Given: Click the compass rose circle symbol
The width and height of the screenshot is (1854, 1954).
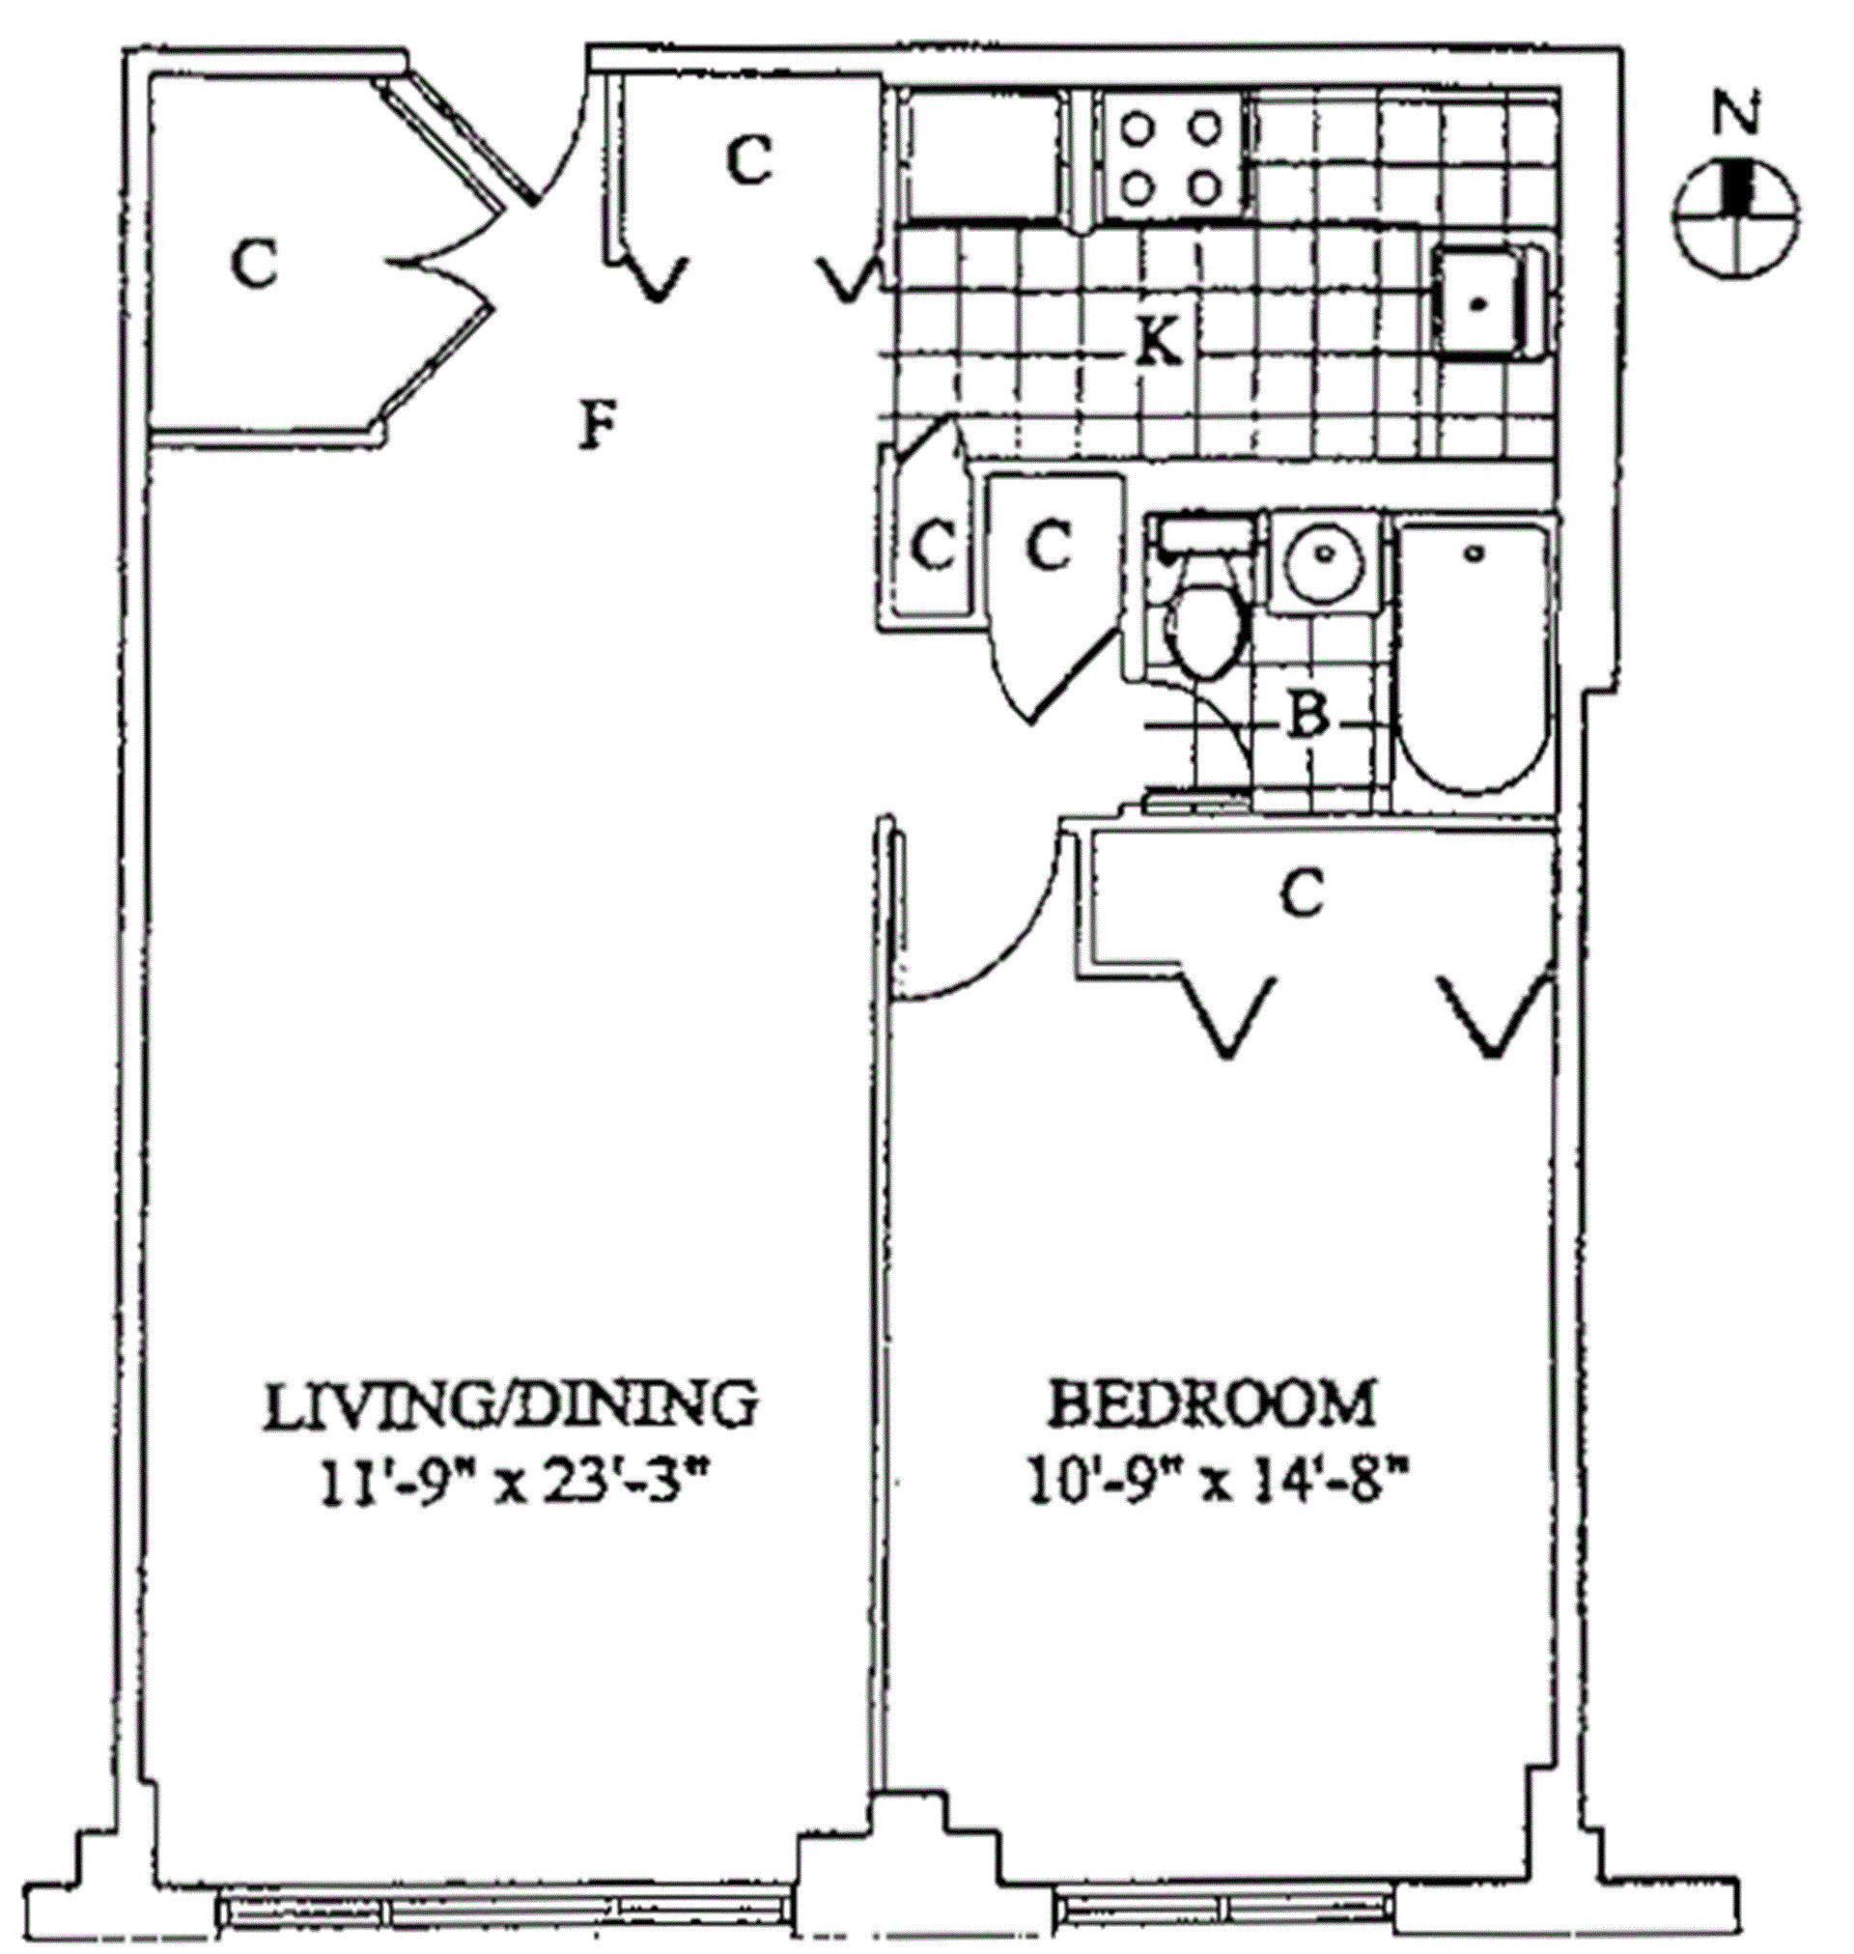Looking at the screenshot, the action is [1737, 213].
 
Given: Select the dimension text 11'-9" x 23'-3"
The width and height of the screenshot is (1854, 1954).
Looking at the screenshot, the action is [513, 1484].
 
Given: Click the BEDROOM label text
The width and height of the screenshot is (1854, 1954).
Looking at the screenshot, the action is [1212, 1404].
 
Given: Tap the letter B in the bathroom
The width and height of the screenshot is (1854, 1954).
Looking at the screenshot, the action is [1307, 716].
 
